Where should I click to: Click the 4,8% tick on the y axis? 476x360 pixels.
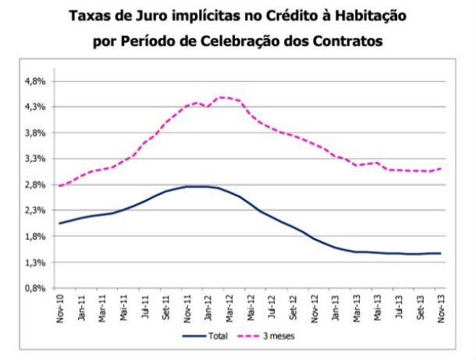37,80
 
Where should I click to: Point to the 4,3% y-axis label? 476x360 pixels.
37,106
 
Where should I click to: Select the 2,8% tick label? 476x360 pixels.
37,184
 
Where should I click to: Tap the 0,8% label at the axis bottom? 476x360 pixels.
37,288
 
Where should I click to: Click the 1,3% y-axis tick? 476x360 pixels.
37,262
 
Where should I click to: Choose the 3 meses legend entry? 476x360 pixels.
292,337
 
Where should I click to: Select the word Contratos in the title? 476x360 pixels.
345,41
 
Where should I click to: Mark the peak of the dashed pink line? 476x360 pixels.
222,97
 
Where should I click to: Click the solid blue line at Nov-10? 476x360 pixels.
60,223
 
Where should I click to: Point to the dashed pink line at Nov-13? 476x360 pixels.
441,168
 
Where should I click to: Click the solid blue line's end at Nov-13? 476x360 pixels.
441,253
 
